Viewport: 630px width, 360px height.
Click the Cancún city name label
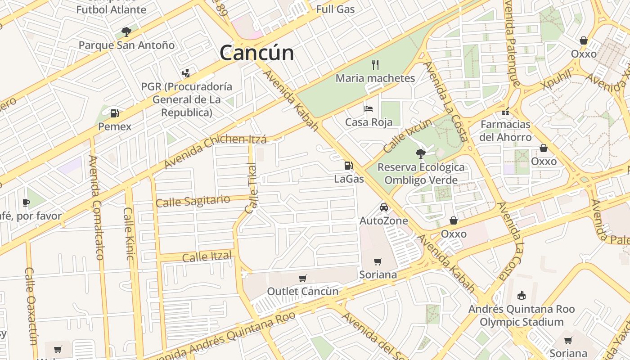tap(256, 53)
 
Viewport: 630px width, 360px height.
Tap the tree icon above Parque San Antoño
tap(126, 31)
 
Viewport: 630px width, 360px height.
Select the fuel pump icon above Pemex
tap(115, 113)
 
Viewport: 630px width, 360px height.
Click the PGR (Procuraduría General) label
tap(186, 99)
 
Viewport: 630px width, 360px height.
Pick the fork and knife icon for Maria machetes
tap(375, 65)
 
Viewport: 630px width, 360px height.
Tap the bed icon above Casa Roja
tap(369, 108)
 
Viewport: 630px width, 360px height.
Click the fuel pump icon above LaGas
tap(348, 165)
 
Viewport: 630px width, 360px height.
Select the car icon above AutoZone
tap(383, 207)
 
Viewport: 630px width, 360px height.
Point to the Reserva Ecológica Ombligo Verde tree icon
tap(420, 154)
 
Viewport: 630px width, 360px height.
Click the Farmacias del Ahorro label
tap(506, 130)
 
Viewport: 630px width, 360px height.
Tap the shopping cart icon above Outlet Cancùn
tap(303, 279)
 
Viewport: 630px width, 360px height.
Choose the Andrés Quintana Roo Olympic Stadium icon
tap(522, 295)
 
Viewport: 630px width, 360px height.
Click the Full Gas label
tap(335, 9)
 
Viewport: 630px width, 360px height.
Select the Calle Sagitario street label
tap(193, 201)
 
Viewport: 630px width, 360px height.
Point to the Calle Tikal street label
tap(252, 188)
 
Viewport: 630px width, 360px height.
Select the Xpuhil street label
tap(556, 80)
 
